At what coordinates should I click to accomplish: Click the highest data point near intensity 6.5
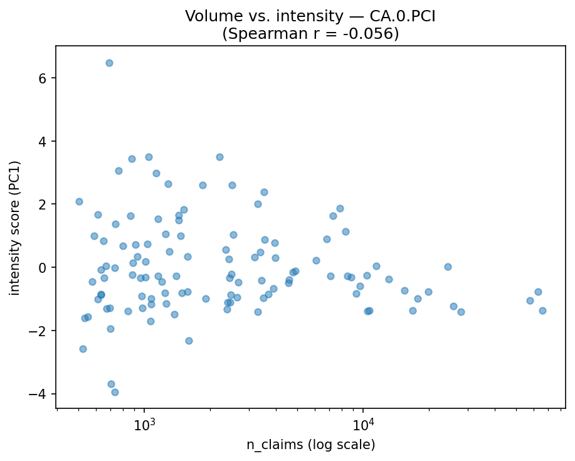(x=109, y=63)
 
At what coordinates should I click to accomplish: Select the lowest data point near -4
(x=115, y=392)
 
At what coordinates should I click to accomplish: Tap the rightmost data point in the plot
(x=542, y=310)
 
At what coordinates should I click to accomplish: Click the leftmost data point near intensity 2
(x=79, y=201)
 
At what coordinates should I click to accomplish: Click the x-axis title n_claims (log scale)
(x=310, y=445)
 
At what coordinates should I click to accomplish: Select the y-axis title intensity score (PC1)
(x=15, y=228)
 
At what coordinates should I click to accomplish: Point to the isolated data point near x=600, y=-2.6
(x=83, y=349)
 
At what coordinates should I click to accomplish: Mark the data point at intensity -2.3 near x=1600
(x=189, y=341)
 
